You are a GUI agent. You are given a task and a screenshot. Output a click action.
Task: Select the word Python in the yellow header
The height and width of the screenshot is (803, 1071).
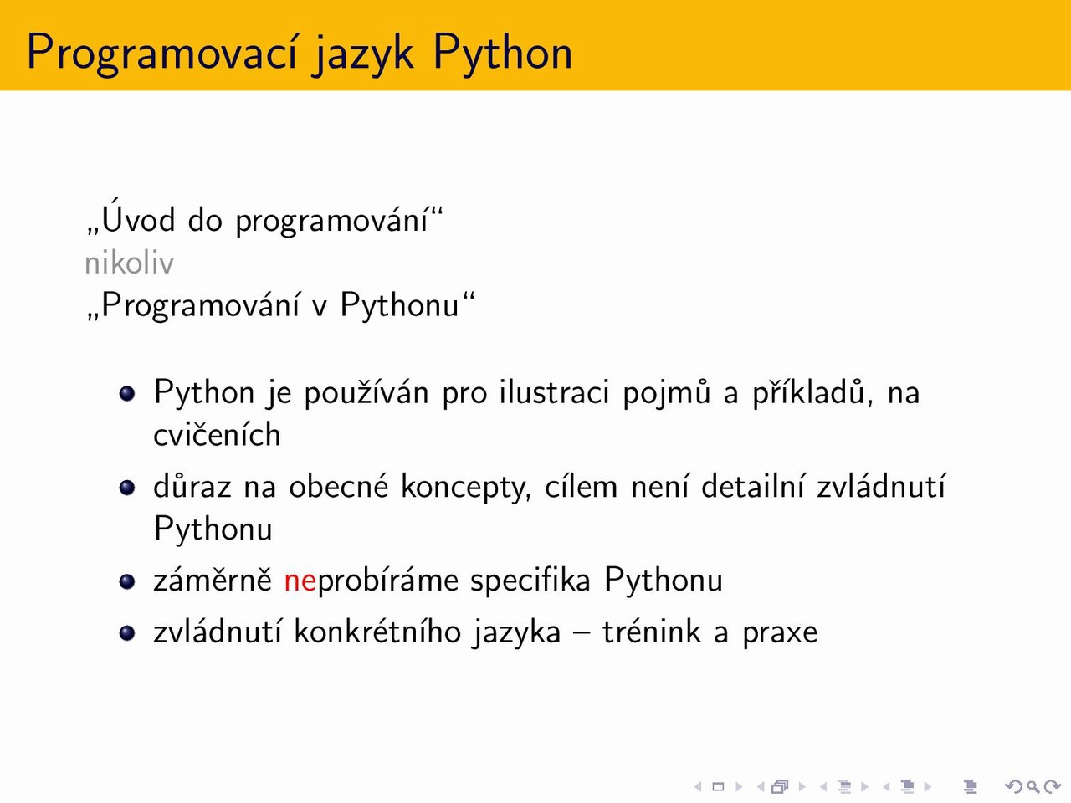coord(503,54)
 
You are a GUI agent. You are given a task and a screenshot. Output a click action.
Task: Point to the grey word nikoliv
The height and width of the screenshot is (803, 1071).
coord(129,263)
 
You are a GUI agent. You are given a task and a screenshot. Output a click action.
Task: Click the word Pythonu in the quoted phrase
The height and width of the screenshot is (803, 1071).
coord(400,306)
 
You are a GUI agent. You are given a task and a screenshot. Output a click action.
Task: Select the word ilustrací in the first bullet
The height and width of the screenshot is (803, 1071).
coord(554,392)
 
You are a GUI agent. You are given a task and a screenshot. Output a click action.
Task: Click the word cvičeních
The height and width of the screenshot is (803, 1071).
coord(217,435)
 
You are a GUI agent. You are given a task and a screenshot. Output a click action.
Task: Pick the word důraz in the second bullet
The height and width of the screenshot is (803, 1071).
coord(192,487)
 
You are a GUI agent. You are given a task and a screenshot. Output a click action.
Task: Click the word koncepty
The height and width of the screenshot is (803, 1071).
coord(466,488)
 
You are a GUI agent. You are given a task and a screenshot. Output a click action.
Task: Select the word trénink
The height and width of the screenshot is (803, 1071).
coord(652,633)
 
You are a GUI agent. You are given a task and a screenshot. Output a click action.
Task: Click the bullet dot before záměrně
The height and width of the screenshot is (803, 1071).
coord(127,581)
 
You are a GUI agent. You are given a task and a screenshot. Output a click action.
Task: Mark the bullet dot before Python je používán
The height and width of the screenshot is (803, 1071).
coord(127,393)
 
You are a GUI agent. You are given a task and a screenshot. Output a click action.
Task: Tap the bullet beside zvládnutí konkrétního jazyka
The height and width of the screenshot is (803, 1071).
coord(127,633)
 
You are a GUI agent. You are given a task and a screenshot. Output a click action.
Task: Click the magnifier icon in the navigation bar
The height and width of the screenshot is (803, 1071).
coord(1033,787)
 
